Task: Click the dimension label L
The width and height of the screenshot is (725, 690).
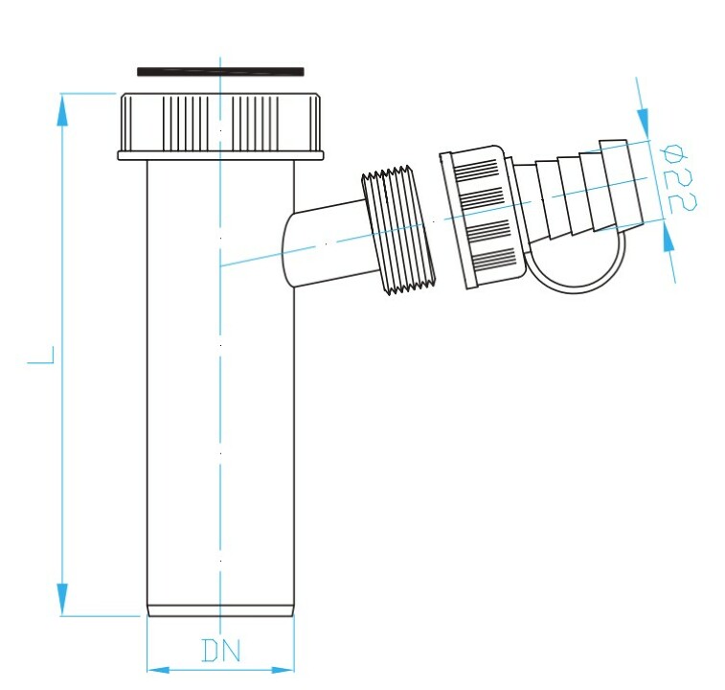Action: point(41,355)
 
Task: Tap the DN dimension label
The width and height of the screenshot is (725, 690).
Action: point(221,650)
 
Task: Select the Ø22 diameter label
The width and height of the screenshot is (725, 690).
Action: point(679,178)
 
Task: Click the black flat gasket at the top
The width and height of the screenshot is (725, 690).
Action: point(220,72)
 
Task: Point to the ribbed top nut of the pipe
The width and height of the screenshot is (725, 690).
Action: point(221,123)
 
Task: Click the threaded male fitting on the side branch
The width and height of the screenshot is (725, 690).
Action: point(398,229)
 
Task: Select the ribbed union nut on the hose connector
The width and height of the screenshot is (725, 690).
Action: point(484,217)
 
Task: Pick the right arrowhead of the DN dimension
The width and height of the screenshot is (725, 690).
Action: point(283,670)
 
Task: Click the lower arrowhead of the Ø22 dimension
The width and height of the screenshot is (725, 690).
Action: point(667,236)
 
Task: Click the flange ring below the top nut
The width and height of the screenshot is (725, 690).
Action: point(221,155)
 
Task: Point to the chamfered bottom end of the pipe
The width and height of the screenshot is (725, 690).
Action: point(220,609)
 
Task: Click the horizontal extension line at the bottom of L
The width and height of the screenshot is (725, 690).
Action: point(101,616)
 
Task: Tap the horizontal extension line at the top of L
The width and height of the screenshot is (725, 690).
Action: point(88,94)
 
